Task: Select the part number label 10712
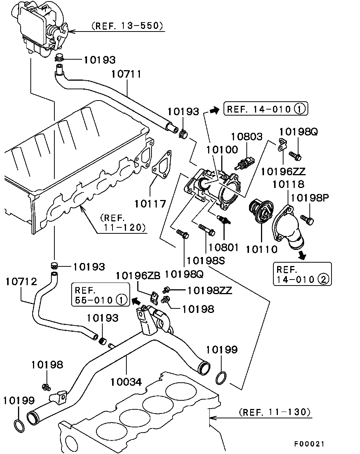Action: pyautogui.click(x=21, y=281)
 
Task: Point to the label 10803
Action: pyautogui.click(x=246, y=136)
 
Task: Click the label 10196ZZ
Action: pyautogui.click(x=283, y=171)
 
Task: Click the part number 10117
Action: pyautogui.click(x=150, y=204)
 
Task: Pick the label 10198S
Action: pyautogui.click(x=206, y=260)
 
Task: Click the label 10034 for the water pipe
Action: pyautogui.click(x=126, y=382)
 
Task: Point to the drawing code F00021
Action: pyautogui.click(x=309, y=444)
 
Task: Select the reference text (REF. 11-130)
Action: pyautogui.click(x=274, y=412)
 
